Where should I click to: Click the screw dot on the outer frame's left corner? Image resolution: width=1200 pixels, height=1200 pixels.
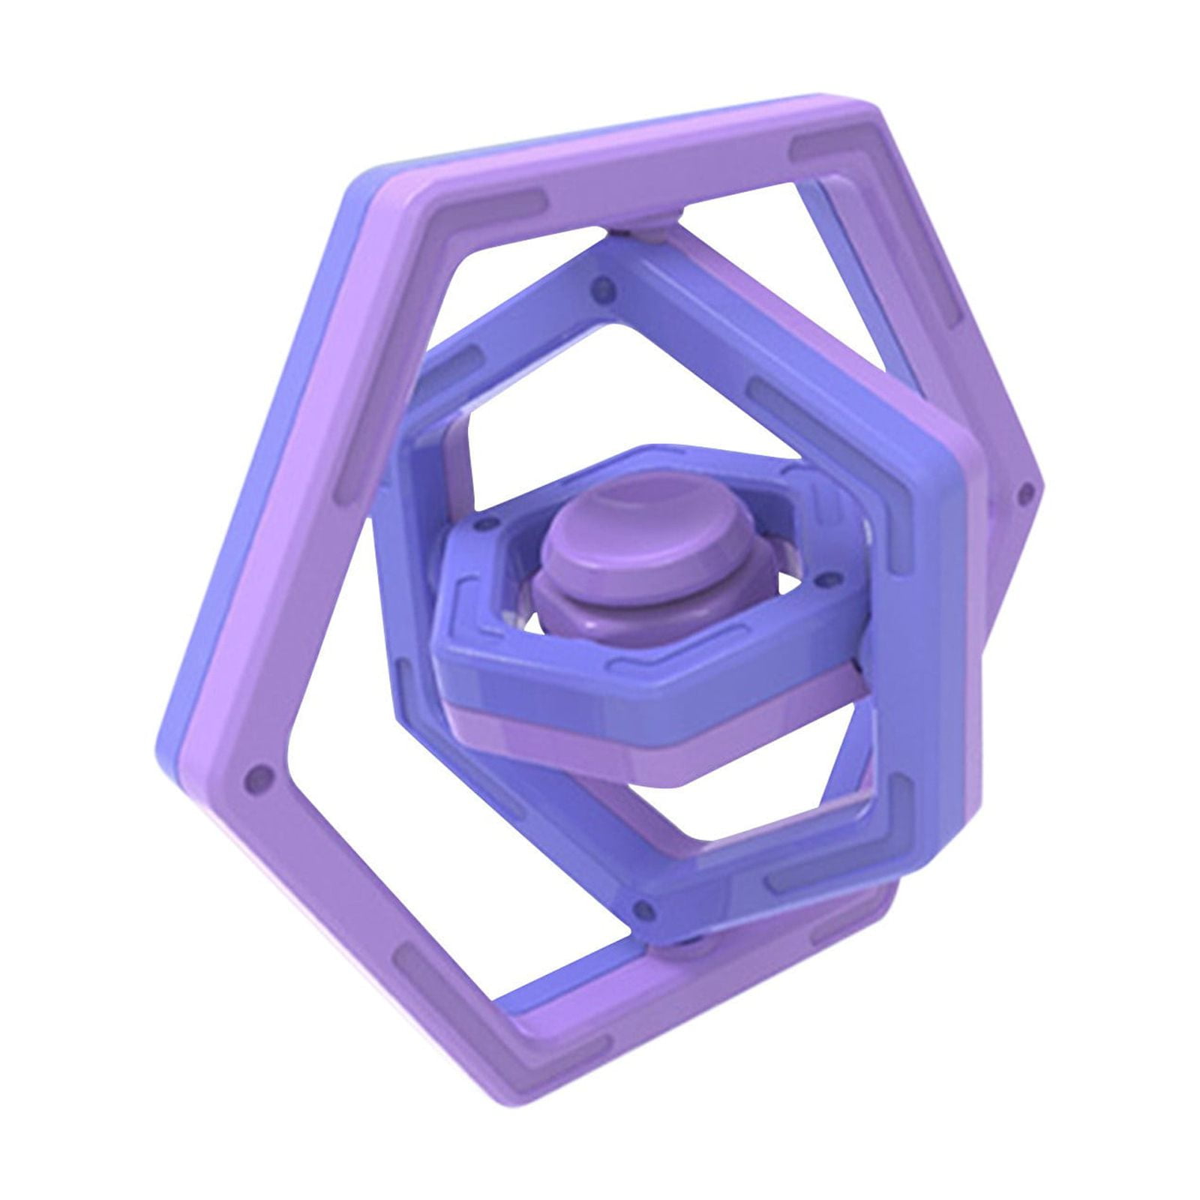point(260,772)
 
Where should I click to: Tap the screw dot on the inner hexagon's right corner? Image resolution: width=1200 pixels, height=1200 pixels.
point(826,579)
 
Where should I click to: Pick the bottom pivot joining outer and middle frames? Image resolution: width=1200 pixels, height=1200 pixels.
point(679,951)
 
